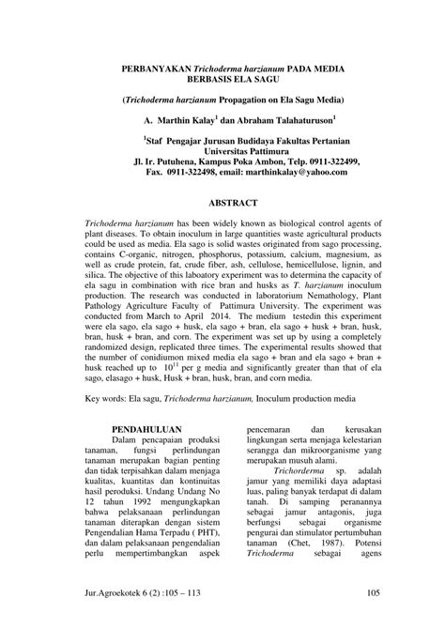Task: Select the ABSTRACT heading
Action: click(234, 201)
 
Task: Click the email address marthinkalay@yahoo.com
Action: click(298, 172)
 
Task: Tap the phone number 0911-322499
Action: click(328, 161)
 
